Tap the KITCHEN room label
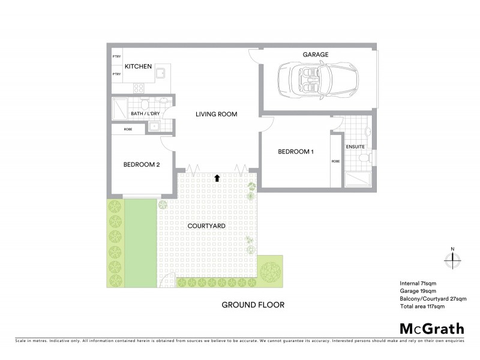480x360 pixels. pos(138,67)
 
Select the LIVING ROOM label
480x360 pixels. pos(217,114)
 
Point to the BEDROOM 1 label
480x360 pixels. pos(296,152)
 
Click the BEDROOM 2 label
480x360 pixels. pos(141,166)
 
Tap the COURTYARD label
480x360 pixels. pos(206,226)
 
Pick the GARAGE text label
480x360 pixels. pos(315,55)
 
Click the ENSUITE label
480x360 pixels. pos(356,146)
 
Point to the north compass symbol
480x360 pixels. pos(453,259)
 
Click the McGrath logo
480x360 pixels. pos(431,328)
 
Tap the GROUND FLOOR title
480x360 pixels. pos(253,305)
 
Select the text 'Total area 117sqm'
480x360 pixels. pos(422,307)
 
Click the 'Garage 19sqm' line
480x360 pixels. pos(416,291)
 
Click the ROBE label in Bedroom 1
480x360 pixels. pos(335,161)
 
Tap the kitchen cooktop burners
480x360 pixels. pos(139,87)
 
